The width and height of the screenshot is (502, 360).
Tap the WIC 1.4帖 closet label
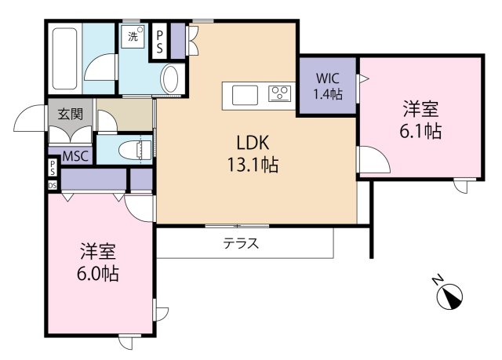(x=327, y=85)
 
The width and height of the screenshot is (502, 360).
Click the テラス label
(x=242, y=243)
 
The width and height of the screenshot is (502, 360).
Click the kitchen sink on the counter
(x=246, y=94)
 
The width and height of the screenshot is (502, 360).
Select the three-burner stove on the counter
(x=280, y=94)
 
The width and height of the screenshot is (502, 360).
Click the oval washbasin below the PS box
(x=170, y=78)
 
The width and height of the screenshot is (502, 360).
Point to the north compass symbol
(x=449, y=294)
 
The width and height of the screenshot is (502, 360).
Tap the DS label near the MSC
(x=53, y=185)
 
